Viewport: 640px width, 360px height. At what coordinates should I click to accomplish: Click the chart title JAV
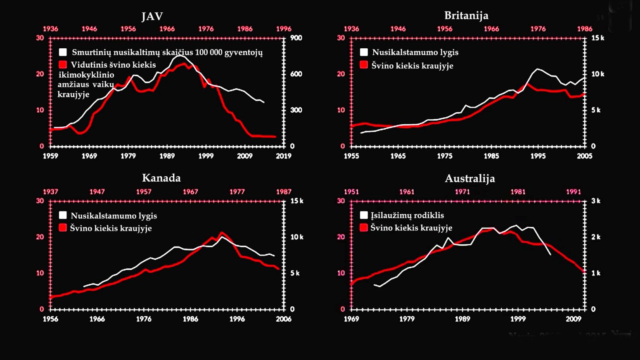pyautogui.click(x=152, y=17)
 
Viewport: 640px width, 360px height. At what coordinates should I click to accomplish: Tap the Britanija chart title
pyautogui.click(x=466, y=16)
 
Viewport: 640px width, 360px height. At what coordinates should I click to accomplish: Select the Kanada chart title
pyautogui.click(x=161, y=178)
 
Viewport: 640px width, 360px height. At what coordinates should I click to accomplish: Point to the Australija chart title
pyautogui.click(x=470, y=178)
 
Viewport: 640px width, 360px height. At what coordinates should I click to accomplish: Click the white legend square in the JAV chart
pyautogui.click(x=63, y=52)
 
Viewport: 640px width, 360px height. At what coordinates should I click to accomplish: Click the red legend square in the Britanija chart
pyautogui.click(x=364, y=65)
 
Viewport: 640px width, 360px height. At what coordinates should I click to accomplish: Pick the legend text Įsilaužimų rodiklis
pyautogui.click(x=407, y=215)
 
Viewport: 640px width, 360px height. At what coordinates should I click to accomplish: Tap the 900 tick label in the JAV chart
pyautogui.click(x=296, y=38)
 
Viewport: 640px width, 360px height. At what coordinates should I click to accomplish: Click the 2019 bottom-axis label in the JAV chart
pyautogui.click(x=284, y=156)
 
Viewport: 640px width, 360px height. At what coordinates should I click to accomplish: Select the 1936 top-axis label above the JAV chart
pyautogui.click(x=50, y=29)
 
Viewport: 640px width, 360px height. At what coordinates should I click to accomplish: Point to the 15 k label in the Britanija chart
pyautogui.click(x=598, y=38)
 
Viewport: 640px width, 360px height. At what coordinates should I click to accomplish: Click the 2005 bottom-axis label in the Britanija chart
pyautogui.click(x=585, y=156)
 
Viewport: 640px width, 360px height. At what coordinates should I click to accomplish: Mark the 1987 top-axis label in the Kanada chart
pyautogui.click(x=284, y=192)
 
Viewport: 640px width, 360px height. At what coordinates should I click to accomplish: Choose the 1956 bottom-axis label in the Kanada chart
pyautogui.click(x=50, y=319)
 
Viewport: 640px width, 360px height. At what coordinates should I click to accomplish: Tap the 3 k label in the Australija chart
pyautogui.click(x=596, y=201)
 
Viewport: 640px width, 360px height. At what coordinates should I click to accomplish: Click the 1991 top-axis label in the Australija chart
pyautogui.click(x=574, y=192)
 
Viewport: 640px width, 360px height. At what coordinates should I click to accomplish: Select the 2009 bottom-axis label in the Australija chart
pyautogui.click(x=574, y=319)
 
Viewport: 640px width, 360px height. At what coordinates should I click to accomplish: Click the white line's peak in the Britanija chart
pyautogui.click(x=538, y=69)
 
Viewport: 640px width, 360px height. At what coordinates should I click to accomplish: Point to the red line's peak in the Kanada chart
pyautogui.click(x=221, y=233)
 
